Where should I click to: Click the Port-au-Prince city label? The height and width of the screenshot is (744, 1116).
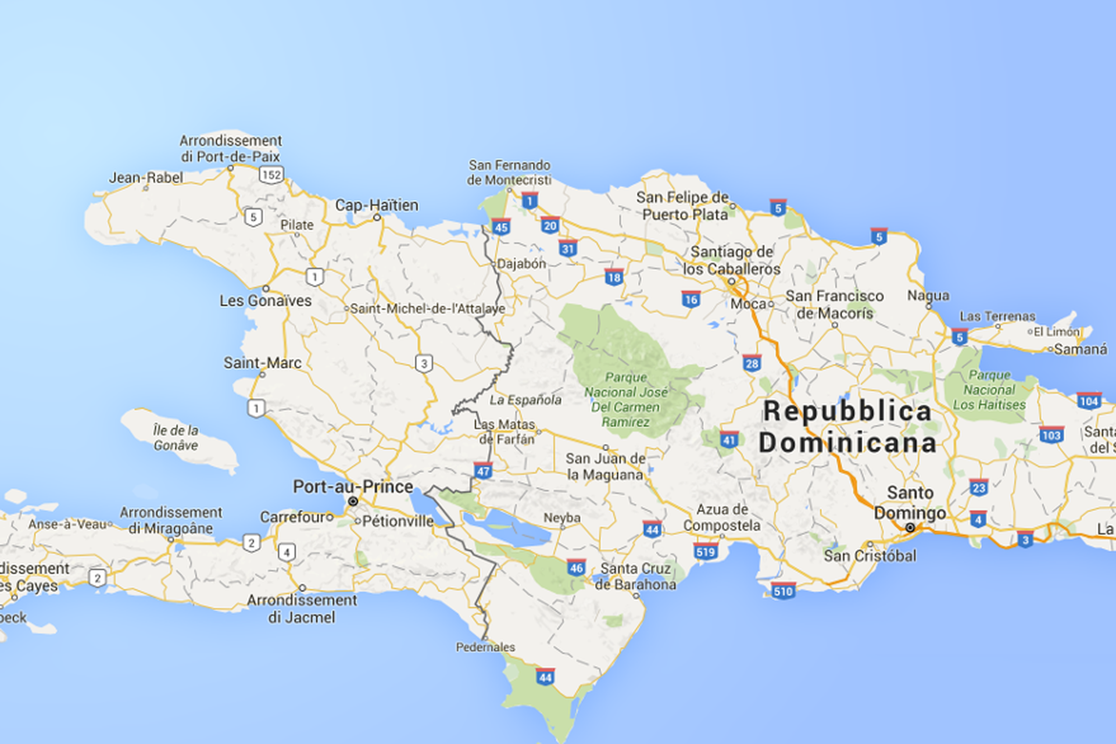(353, 487)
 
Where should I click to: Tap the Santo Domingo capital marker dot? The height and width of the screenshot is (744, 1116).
(910, 528)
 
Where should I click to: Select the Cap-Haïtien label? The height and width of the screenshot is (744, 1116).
(377, 205)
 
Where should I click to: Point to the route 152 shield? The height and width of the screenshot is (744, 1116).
(271, 174)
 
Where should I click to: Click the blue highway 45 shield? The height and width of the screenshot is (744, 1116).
(500, 227)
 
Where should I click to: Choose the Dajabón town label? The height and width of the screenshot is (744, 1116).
(521, 263)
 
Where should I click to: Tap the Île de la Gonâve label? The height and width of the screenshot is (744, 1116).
(176, 438)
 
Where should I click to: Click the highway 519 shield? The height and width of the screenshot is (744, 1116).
(706, 551)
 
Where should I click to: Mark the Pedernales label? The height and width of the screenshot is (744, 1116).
(485, 647)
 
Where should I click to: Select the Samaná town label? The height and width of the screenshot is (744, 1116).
(1081, 349)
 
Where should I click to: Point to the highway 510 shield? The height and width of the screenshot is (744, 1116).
(783, 591)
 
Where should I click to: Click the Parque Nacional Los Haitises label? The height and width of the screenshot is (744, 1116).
(989, 390)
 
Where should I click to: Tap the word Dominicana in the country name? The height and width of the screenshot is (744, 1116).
(847, 443)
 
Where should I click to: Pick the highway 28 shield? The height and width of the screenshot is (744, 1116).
(752, 364)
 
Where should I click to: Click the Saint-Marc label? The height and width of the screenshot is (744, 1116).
(263, 363)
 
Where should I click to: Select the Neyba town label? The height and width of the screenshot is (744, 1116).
(561, 517)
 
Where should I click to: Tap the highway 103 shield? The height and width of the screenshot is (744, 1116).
(1051, 435)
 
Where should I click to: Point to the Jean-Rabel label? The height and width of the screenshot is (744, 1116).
(146, 177)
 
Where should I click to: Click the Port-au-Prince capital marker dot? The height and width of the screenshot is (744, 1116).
(353, 501)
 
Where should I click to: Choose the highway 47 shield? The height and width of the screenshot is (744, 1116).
(483, 470)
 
